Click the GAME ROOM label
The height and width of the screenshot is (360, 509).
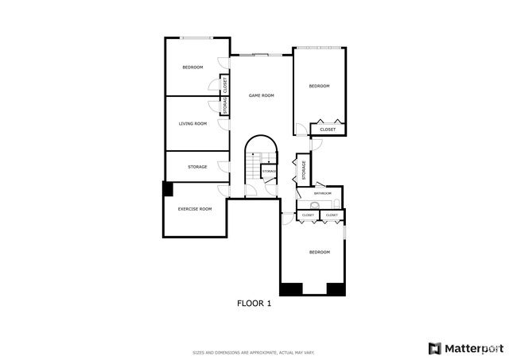point(261,95)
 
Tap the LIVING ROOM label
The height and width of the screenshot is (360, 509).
point(192,124)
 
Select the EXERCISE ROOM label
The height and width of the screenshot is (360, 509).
point(195,209)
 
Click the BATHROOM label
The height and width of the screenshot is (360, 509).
point(322,193)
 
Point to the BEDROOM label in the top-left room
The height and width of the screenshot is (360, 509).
point(192,68)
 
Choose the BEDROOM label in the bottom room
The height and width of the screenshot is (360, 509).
point(319,252)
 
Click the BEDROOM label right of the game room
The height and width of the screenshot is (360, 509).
point(319,86)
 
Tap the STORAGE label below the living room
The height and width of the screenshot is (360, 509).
point(197,167)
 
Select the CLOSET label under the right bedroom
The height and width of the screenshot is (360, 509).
point(328,130)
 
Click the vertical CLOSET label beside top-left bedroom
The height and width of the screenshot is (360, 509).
point(225,83)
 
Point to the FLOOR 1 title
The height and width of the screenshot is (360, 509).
point(254,303)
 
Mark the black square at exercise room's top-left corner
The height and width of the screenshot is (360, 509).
point(167,189)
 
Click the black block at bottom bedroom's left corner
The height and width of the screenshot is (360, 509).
point(291,289)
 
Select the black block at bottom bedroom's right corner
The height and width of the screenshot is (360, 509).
point(336,289)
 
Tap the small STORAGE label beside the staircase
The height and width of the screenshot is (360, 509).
point(270,172)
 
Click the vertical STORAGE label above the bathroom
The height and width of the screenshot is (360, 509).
point(303,169)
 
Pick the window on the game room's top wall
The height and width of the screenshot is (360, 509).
point(261,55)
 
